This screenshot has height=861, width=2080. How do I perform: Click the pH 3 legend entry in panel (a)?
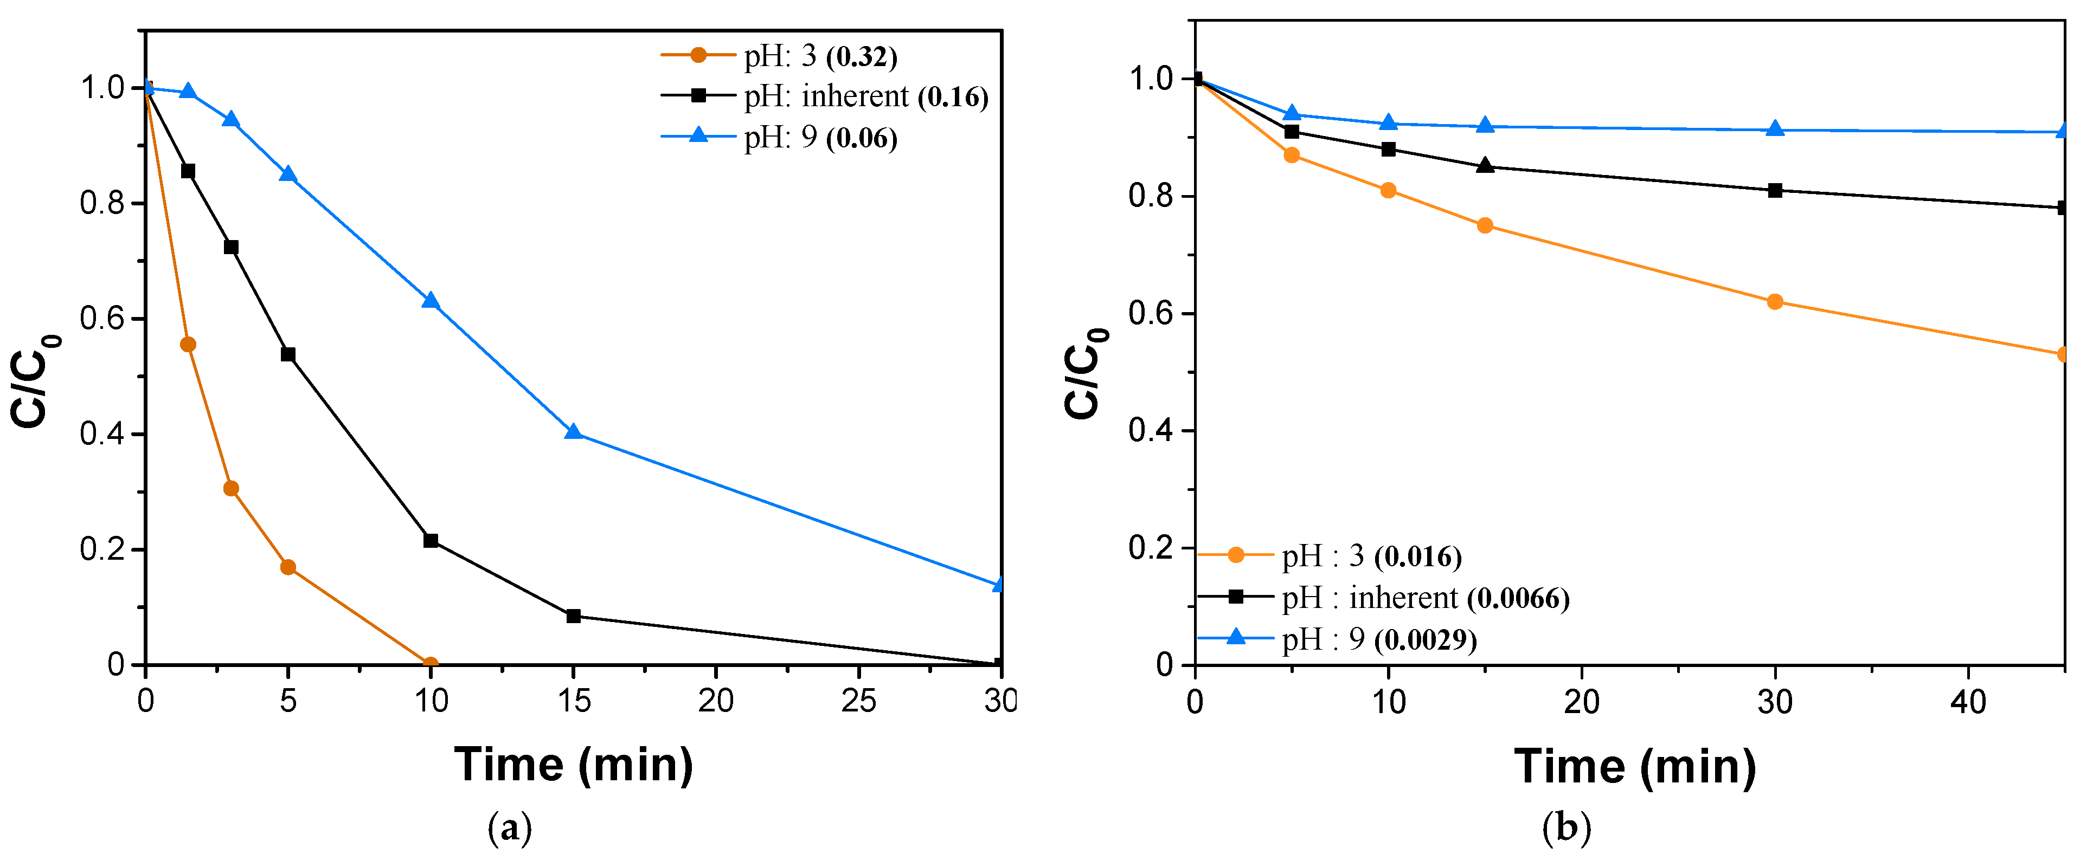pos(819,56)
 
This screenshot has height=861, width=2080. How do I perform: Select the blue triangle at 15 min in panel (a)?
pos(573,432)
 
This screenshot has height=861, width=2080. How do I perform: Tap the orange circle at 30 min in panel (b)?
pos(1775,302)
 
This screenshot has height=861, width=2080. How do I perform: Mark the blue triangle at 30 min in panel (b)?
pos(1775,129)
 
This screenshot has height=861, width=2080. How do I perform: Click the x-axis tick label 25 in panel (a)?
pos(858,701)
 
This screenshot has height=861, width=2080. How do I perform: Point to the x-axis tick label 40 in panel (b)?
pos(1968,702)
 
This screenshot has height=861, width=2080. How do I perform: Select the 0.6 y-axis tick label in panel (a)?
pos(102,319)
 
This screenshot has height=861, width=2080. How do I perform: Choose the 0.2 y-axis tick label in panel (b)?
pos(1151,548)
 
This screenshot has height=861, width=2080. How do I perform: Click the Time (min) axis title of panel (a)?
pos(573,764)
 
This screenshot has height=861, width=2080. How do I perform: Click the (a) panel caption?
pos(510,828)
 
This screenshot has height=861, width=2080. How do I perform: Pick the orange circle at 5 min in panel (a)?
pos(287,567)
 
